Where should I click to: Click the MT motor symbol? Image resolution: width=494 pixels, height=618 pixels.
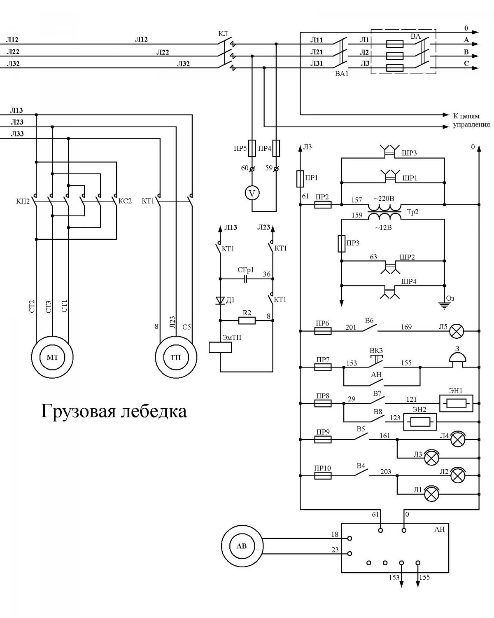click(x=52, y=357)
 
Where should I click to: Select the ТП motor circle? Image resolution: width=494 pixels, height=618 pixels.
click(x=176, y=357)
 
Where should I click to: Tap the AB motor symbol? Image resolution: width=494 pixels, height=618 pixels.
click(x=242, y=546)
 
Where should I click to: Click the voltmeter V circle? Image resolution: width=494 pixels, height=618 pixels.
click(x=252, y=193)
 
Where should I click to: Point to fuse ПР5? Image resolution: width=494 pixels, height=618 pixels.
click(x=252, y=148)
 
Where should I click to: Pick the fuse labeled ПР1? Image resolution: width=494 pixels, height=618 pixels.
click(x=300, y=179)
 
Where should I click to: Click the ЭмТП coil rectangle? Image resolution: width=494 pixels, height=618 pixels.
click(x=220, y=347)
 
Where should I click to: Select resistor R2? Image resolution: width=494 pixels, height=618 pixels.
click(x=247, y=321)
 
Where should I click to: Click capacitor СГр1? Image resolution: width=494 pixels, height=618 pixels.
click(x=245, y=279)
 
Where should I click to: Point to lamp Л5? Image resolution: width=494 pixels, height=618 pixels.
click(x=457, y=331)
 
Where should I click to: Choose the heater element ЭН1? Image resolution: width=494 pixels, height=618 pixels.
click(x=457, y=403)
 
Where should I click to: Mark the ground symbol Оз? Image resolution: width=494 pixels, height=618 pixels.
click(x=444, y=306)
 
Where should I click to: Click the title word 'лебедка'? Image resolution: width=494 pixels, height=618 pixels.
click(x=154, y=412)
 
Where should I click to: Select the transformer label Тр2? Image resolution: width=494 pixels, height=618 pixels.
click(x=412, y=212)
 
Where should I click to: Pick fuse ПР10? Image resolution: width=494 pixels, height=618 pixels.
click(x=323, y=476)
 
